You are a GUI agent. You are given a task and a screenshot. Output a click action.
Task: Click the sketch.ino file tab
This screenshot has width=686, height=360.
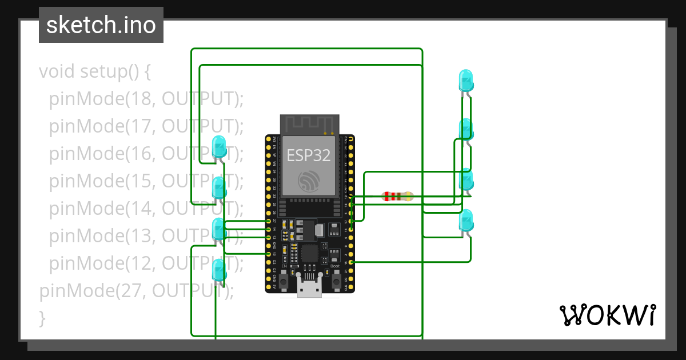[101, 25]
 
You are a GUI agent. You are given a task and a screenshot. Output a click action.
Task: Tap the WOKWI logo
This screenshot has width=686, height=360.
[607, 315]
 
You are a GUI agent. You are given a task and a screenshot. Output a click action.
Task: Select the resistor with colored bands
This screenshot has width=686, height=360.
[397, 197]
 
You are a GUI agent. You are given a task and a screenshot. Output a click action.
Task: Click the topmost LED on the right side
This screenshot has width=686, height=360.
[466, 81]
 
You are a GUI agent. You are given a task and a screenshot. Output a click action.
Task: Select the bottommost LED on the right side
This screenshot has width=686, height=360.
[466, 221]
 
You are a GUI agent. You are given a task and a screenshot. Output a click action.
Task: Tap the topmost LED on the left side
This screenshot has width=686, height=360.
[219, 147]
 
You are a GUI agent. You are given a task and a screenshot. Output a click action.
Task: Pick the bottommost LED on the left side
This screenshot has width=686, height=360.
[218, 270]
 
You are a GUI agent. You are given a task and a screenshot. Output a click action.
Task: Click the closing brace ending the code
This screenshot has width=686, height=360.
[42, 317]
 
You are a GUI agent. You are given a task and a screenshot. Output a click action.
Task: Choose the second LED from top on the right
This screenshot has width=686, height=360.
[466, 130]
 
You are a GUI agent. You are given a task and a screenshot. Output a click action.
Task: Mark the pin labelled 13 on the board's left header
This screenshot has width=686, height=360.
[269, 254]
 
